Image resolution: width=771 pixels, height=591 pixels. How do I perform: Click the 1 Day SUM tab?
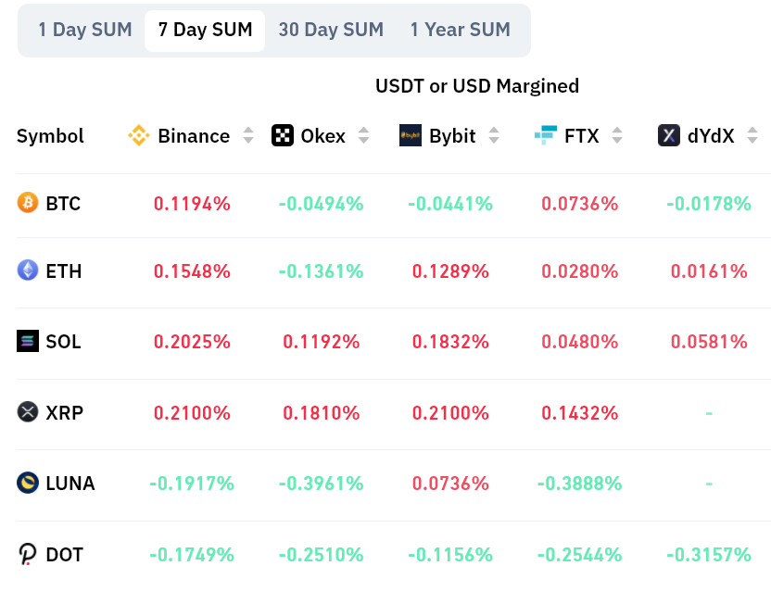(84, 30)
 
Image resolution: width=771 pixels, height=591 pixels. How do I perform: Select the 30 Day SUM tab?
(331, 30)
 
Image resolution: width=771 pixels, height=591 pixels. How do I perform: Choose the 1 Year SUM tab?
(460, 30)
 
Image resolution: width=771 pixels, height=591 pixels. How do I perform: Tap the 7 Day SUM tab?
(205, 30)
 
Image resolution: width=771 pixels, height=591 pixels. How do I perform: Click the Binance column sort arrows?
(248, 136)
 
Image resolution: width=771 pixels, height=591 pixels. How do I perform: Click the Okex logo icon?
(283, 136)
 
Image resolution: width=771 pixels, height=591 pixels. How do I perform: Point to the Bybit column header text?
(452, 136)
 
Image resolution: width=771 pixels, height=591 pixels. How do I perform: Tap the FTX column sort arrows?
(617, 136)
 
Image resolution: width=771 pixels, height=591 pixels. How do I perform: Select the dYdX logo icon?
(669, 136)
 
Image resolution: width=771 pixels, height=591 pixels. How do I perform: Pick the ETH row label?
(64, 271)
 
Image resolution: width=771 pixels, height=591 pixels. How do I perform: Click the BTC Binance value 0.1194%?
(192, 204)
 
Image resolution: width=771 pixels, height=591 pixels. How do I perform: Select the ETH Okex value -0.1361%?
(321, 271)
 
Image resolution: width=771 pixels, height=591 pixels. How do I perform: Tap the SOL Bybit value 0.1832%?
(450, 342)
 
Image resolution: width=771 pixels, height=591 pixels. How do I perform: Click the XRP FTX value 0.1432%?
(580, 412)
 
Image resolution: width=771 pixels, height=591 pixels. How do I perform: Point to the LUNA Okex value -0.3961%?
(321, 484)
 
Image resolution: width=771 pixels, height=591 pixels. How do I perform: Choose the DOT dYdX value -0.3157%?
(709, 555)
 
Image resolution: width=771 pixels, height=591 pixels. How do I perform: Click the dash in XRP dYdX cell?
(709, 412)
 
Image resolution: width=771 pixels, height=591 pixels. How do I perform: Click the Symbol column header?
(50, 136)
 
